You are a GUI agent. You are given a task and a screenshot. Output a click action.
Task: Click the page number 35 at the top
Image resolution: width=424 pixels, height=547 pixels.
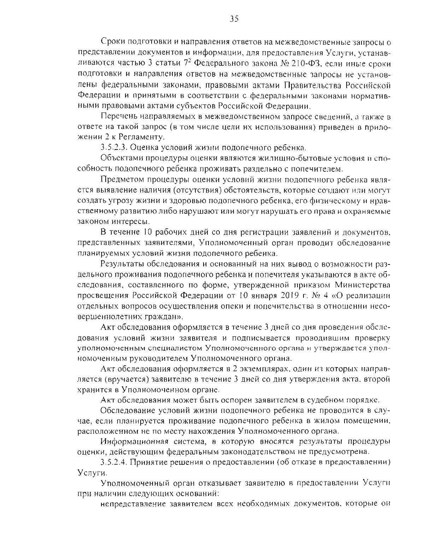click(234, 19)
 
